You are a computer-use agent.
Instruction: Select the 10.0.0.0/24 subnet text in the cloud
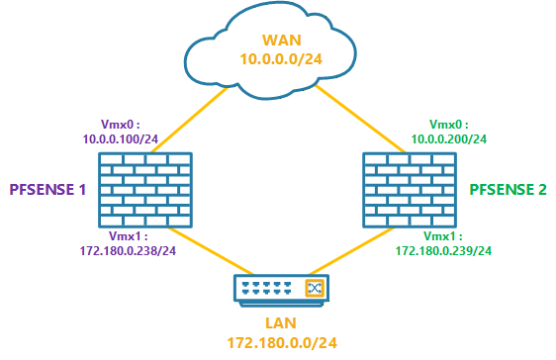click(x=278, y=60)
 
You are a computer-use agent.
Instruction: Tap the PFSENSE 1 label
click(x=46, y=189)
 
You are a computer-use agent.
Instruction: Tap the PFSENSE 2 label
click(x=508, y=189)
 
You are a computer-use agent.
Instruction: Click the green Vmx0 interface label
click(x=448, y=125)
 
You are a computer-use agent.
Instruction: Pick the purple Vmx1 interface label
click(x=124, y=237)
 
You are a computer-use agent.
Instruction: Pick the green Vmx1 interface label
click(x=442, y=237)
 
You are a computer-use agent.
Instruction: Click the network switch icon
click(x=278, y=288)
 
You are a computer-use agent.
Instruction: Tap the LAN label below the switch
click(x=278, y=324)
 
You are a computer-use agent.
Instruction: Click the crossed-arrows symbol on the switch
click(x=315, y=288)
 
